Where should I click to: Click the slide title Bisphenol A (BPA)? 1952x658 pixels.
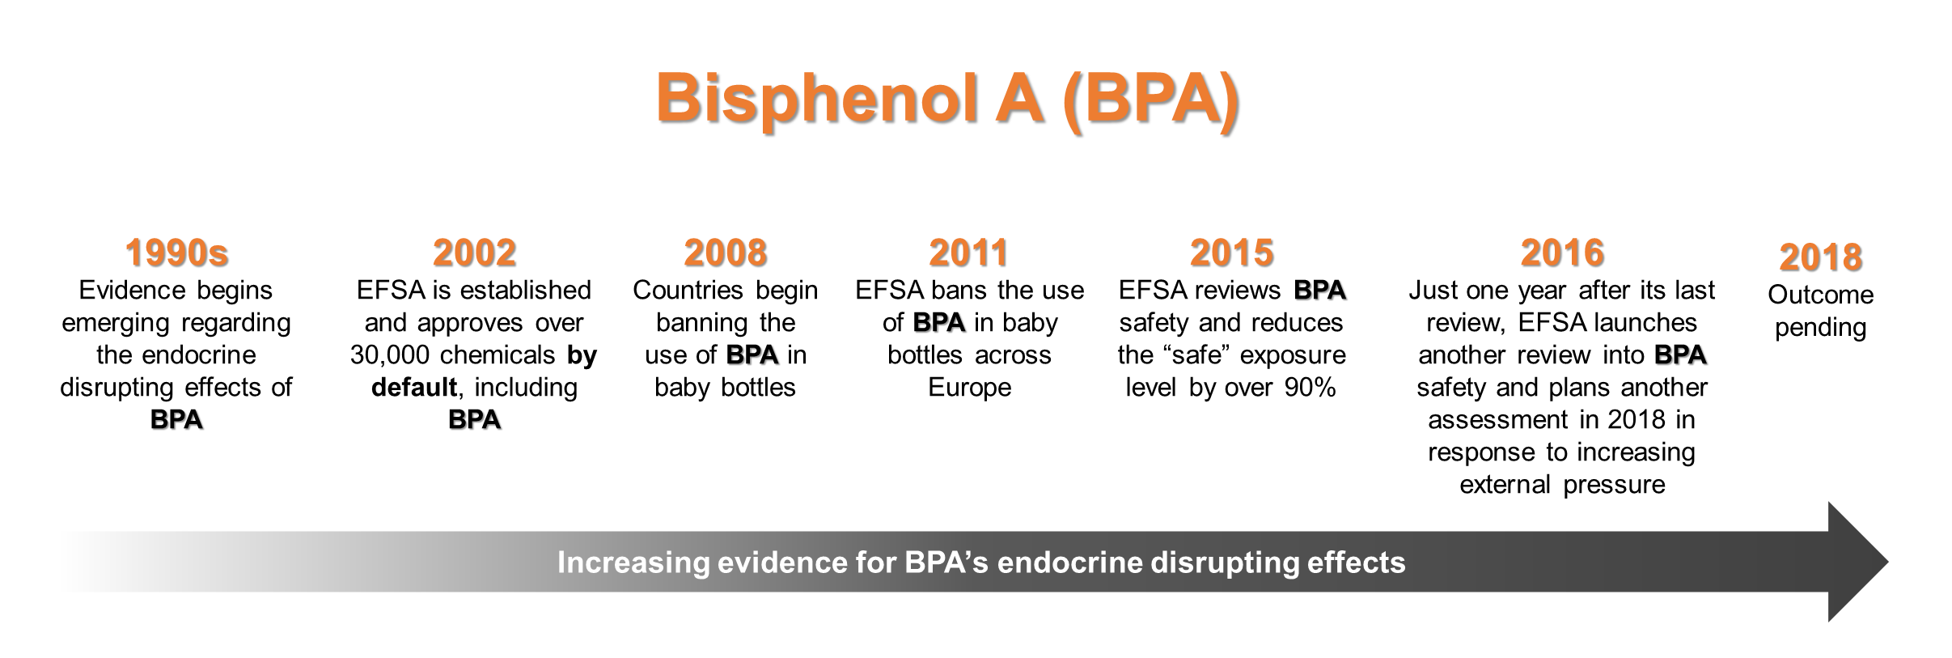tap(947, 100)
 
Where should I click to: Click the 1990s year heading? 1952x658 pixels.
tap(176, 253)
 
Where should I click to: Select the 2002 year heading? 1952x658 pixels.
tap(474, 253)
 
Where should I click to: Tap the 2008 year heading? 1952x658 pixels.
tap(725, 253)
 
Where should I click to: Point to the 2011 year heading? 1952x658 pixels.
tap(969, 253)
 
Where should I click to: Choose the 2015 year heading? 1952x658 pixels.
tap(1231, 253)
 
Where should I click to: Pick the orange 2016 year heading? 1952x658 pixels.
tap(1562, 253)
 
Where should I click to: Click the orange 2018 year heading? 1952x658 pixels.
tap(1820, 257)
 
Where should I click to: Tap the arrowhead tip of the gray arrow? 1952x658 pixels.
tap(1888, 562)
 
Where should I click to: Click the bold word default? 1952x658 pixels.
tap(414, 388)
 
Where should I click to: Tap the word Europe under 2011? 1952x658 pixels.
tap(969, 388)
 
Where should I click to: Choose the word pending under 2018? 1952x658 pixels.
tap(1820, 328)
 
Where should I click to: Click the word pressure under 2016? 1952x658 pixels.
tap(1614, 485)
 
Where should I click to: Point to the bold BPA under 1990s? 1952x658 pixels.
tap(176, 420)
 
